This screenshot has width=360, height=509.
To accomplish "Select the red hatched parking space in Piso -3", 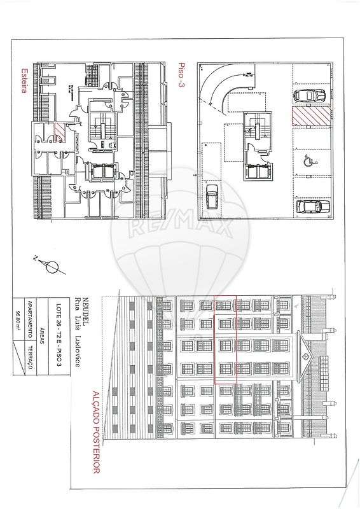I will pos(310,116).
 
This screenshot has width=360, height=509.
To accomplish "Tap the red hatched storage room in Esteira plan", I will pos(59,130).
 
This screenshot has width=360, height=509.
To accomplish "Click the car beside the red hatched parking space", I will pos(310,95).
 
